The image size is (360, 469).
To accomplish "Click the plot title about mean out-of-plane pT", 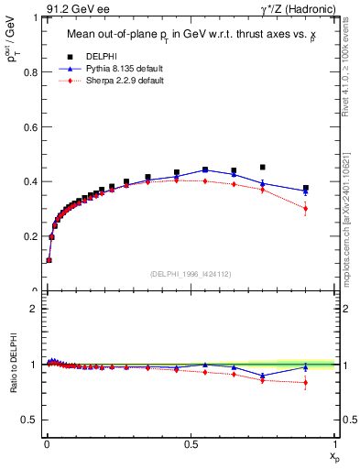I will [x=189, y=35].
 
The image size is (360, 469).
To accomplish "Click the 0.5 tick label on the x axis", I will [x=190, y=443].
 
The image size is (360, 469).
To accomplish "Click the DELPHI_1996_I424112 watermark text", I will [x=190, y=274].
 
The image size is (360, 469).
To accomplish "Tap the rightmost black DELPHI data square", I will [x=306, y=188].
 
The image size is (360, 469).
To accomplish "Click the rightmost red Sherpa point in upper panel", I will [x=306, y=209].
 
